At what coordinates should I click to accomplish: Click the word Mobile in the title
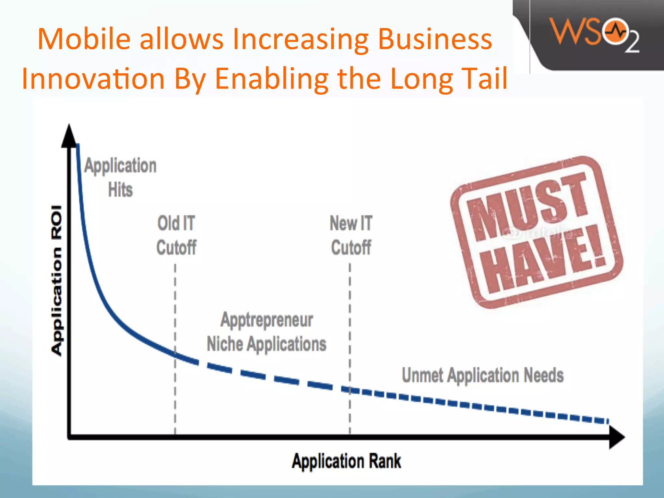pos(84,39)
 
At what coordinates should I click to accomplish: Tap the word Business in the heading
pos(435,39)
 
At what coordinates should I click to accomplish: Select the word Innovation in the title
pos(93,79)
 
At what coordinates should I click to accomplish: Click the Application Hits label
pos(120,177)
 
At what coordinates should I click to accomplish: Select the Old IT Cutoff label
pos(176,235)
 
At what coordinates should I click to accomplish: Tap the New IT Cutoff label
pos(351,235)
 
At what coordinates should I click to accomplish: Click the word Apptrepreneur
pos(267,320)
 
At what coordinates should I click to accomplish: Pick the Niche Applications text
pos(267,344)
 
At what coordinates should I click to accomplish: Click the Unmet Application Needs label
pos(482,375)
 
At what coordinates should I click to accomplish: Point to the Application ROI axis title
pos(57,280)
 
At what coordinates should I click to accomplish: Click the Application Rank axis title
pos(346,461)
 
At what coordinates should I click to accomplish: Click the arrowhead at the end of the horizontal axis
pos(617,437)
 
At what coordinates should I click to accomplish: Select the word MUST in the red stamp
pos(527,206)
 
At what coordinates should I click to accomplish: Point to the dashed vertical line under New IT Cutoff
pos(350,324)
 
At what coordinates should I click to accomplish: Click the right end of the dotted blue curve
pos(607,421)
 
